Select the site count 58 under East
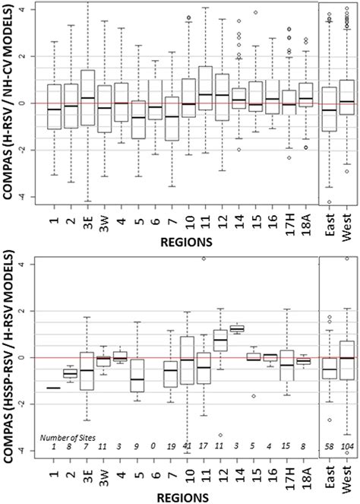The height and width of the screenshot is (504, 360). click(329, 446)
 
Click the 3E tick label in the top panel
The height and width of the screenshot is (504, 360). click(87, 220)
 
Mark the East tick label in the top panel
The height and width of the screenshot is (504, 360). click(329, 220)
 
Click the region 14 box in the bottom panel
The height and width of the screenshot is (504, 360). click(237, 328)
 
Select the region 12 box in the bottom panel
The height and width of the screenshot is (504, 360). click(220, 339)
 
